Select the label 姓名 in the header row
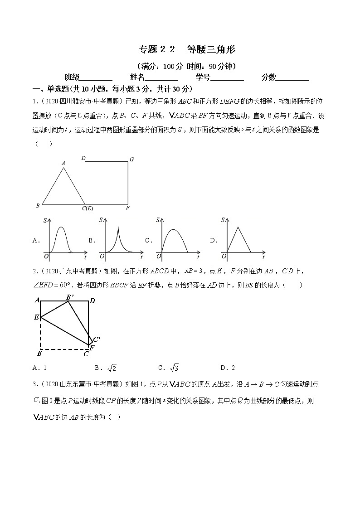click(137, 77)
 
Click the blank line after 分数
click(293, 78)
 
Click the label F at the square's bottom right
click(128, 208)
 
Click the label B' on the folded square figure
click(70, 297)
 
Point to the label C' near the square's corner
click(96, 339)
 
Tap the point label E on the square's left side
click(36, 317)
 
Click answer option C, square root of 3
click(169, 368)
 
